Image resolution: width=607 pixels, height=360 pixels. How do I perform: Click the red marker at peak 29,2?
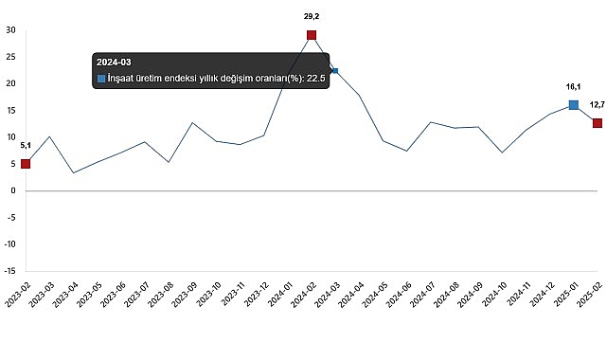(x=311, y=35)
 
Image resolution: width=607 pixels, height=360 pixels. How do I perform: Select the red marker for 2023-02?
(x=26, y=164)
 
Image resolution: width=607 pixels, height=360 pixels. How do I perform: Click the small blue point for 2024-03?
(x=334, y=71)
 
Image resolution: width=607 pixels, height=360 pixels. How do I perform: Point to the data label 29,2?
(x=311, y=16)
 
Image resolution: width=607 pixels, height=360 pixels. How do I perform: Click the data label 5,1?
(x=26, y=145)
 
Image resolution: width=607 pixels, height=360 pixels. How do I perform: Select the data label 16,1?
(x=574, y=86)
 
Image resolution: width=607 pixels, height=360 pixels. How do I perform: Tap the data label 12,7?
(x=596, y=104)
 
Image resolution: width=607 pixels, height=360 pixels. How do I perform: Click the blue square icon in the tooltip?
(x=102, y=78)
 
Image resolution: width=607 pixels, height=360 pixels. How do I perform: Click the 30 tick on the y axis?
(x=9, y=30)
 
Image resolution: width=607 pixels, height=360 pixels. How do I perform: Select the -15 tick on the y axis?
(x=9, y=270)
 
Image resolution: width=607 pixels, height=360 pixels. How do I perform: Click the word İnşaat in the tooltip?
(x=126, y=78)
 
